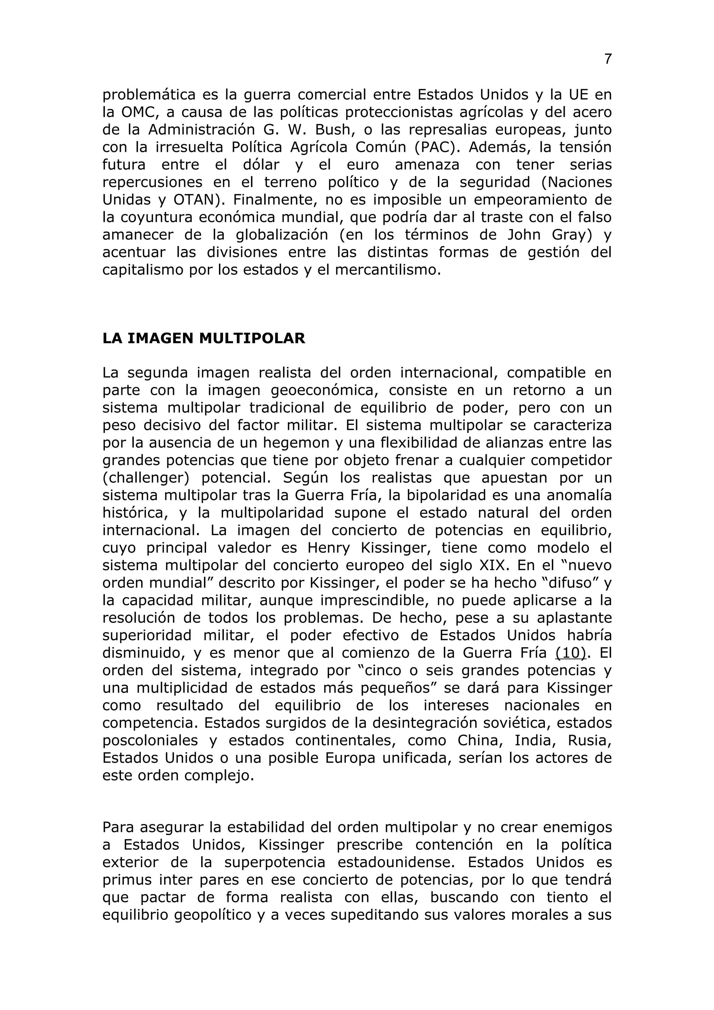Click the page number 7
608,59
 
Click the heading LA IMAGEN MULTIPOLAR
203,338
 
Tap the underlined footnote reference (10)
571,653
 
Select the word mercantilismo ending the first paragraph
387,270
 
